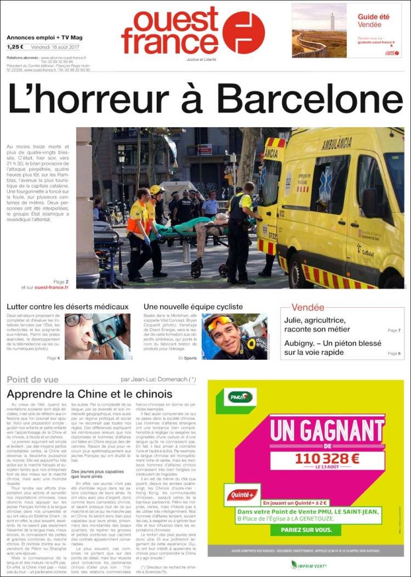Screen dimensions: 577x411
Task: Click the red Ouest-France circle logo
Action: click(243, 32)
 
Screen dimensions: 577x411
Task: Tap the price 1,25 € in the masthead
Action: click(15, 47)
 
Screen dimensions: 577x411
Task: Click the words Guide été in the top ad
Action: click(374, 17)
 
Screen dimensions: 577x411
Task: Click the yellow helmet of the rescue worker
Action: click(156, 190)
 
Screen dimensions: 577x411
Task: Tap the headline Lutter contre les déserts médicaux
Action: click(68, 307)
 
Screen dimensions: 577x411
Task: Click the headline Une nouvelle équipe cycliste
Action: click(193, 307)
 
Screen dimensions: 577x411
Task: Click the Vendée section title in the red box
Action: click(307, 308)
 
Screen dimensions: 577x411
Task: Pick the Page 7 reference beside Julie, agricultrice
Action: click(394, 331)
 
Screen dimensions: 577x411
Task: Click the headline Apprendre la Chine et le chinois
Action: click(89, 394)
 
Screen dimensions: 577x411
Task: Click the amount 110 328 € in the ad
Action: click(326, 459)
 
